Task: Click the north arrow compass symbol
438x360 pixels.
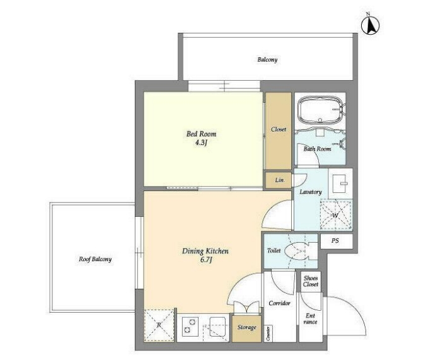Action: (x=371, y=25)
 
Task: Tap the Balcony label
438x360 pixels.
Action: (x=267, y=59)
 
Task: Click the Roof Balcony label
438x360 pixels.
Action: (x=95, y=259)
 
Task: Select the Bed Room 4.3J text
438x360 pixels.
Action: (x=201, y=138)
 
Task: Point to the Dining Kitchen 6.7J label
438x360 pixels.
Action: (x=205, y=255)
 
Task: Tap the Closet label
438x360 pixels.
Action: (x=279, y=129)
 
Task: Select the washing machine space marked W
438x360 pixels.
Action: (x=336, y=214)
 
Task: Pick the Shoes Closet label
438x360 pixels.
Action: (x=311, y=281)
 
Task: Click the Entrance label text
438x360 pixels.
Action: (x=310, y=318)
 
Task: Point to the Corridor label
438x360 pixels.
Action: (x=279, y=303)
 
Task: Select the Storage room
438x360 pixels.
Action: (x=247, y=328)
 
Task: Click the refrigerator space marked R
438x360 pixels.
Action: (x=159, y=325)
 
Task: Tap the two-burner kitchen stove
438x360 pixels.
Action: (x=190, y=326)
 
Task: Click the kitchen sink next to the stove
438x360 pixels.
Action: (x=217, y=327)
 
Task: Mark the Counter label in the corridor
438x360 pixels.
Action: (x=268, y=334)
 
